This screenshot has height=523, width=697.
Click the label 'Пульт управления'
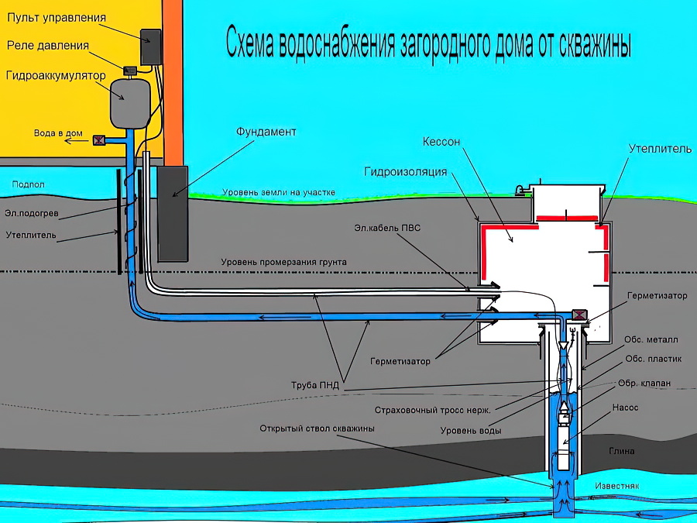pyautogui.click(x=56, y=17)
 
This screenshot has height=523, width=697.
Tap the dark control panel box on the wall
pyautogui.click(x=150, y=46)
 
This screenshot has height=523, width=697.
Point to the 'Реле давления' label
pyautogui.click(x=48, y=46)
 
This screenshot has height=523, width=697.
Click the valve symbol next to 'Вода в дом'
pyautogui.click(x=99, y=140)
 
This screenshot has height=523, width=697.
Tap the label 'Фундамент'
pyautogui.click(x=266, y=132)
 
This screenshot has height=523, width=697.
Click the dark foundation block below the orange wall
pyautogui.click(x=173, y=214)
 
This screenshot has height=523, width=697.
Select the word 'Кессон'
pyautogui.click(x=441, y=142)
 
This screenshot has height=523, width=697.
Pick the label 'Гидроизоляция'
pyautogui.click(x=406, y=171)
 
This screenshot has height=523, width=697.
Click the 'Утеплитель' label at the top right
pyautogui.click(x=660, y=148)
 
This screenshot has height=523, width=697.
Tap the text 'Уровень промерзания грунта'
pyautogui.click(x=283, y=262)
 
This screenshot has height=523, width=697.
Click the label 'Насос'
pyautogui.click(x=625, y=407)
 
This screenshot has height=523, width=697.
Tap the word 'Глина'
pyautogui.click(x=622, y=451)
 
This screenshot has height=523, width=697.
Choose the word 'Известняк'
pyautogui.click(x=616, y=486)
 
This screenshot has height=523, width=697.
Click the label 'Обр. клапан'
pyautogui.click(x=639, y=383)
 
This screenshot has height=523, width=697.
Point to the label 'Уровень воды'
pyautogui.click(x=470, y=430)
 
